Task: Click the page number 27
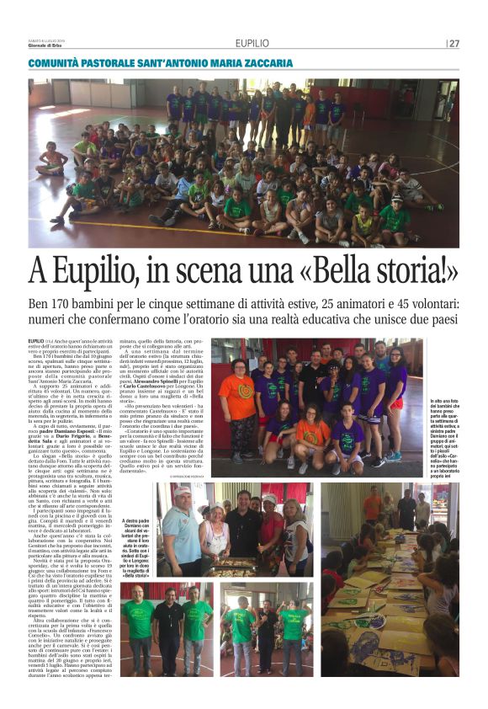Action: tap(454, 44)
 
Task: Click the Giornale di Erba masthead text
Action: tap(52, 48)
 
